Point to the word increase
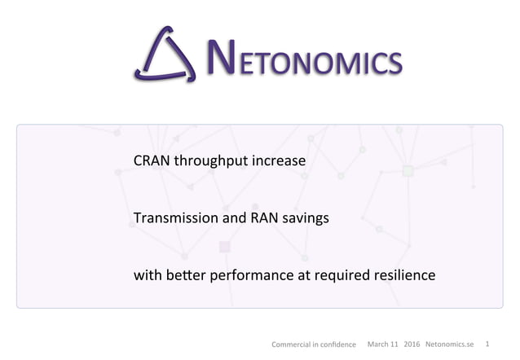279,160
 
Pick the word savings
305,218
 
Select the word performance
249,276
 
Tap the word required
338,276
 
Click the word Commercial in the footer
291,345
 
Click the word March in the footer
377,344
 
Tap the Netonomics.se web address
450,344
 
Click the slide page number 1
488,344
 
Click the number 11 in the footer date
394,344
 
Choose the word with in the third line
146,275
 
